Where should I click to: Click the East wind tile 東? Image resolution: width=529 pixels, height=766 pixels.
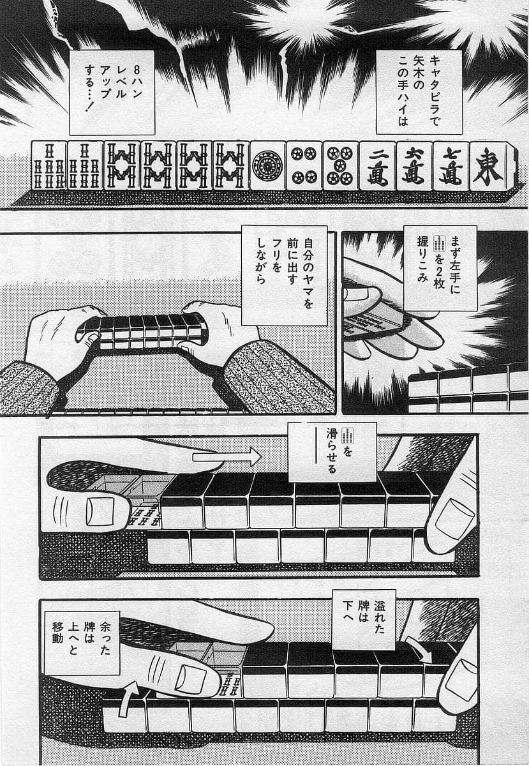493,166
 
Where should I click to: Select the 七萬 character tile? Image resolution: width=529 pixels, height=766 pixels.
451,166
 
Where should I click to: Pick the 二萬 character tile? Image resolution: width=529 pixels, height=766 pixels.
377,166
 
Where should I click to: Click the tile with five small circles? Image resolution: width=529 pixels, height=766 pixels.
340,166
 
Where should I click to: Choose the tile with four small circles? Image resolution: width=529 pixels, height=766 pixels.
304,166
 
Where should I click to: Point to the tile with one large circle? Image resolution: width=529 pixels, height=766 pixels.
267,166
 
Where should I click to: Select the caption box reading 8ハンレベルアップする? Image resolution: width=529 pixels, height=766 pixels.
112,92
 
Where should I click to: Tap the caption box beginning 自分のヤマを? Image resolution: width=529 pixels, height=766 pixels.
285,274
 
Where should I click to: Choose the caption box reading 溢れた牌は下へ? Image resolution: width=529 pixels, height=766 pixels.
364,619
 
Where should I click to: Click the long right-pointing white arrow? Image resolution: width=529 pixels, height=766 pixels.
227,456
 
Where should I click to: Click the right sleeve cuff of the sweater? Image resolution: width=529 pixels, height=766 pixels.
274,377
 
